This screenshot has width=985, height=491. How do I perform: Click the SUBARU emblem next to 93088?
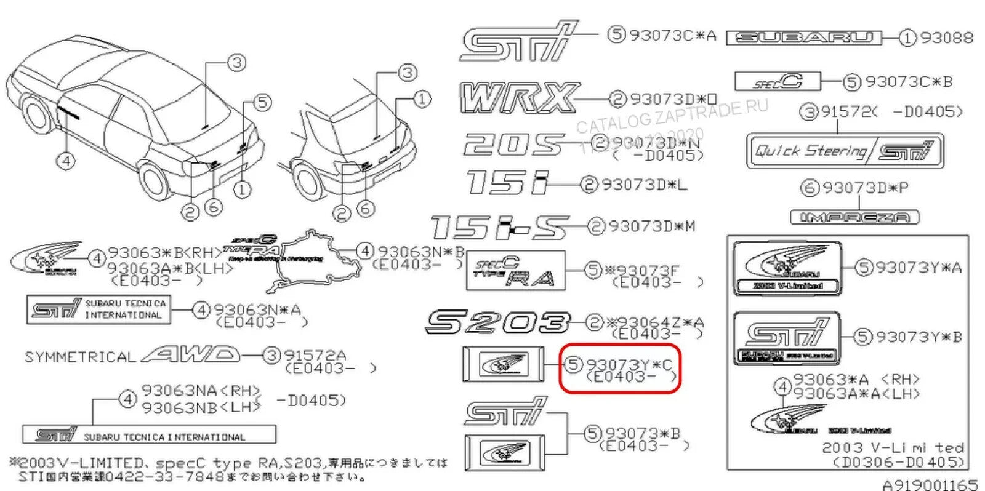[x=804, y=38]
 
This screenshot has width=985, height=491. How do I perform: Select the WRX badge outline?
[x=518, y=98]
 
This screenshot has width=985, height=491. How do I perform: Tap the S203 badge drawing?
[x=497, y=322]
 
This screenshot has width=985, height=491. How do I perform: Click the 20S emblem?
[x=512, y=145]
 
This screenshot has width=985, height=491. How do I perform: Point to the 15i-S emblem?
[x=499, y=227]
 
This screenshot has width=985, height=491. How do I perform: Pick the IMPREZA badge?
[x=854, y=217]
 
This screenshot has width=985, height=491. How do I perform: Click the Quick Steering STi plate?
[x=844, y=151]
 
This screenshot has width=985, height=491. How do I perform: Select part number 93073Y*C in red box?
[x=629, y=365]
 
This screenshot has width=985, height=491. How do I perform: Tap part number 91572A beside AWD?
[x=314, y=356]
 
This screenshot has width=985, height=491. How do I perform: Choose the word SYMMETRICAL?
[x=79, y=357]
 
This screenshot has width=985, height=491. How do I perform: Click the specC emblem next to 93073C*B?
[x=778, y=81]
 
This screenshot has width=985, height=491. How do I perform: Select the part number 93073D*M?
[x=652, y=226]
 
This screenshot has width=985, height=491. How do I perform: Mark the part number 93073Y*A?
[x=919, y=268]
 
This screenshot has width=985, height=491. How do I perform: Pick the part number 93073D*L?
[x=644, y=184]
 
